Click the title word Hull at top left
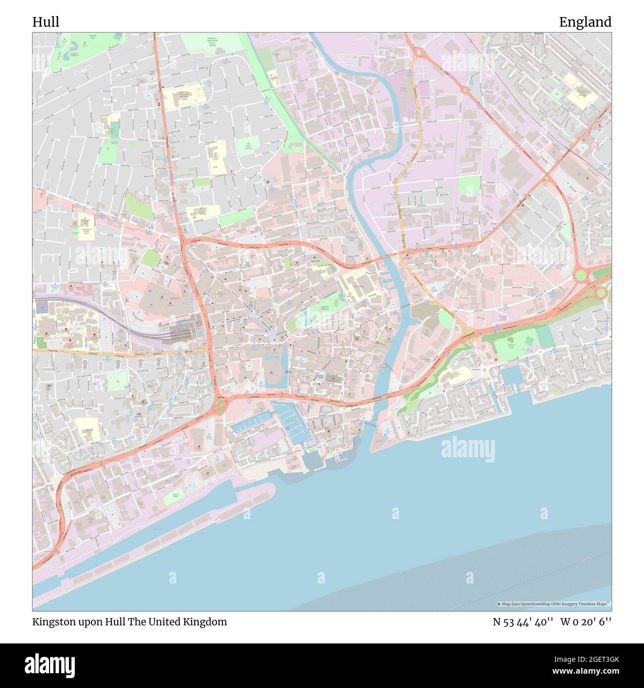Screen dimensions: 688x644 pyautogui.click(x=46, y=22)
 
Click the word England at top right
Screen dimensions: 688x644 pyautogui.click(x=585, y=22)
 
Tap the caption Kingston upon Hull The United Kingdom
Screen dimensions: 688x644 pyautogui.click(x=130, y=622)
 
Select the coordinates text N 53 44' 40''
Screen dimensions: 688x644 pyautogui.click(x=522, y=622)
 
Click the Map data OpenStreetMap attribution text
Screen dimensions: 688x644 pyautogui.click(x=553, y=604)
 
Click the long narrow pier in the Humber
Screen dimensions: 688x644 pyautogui.click(x=159, y=525)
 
